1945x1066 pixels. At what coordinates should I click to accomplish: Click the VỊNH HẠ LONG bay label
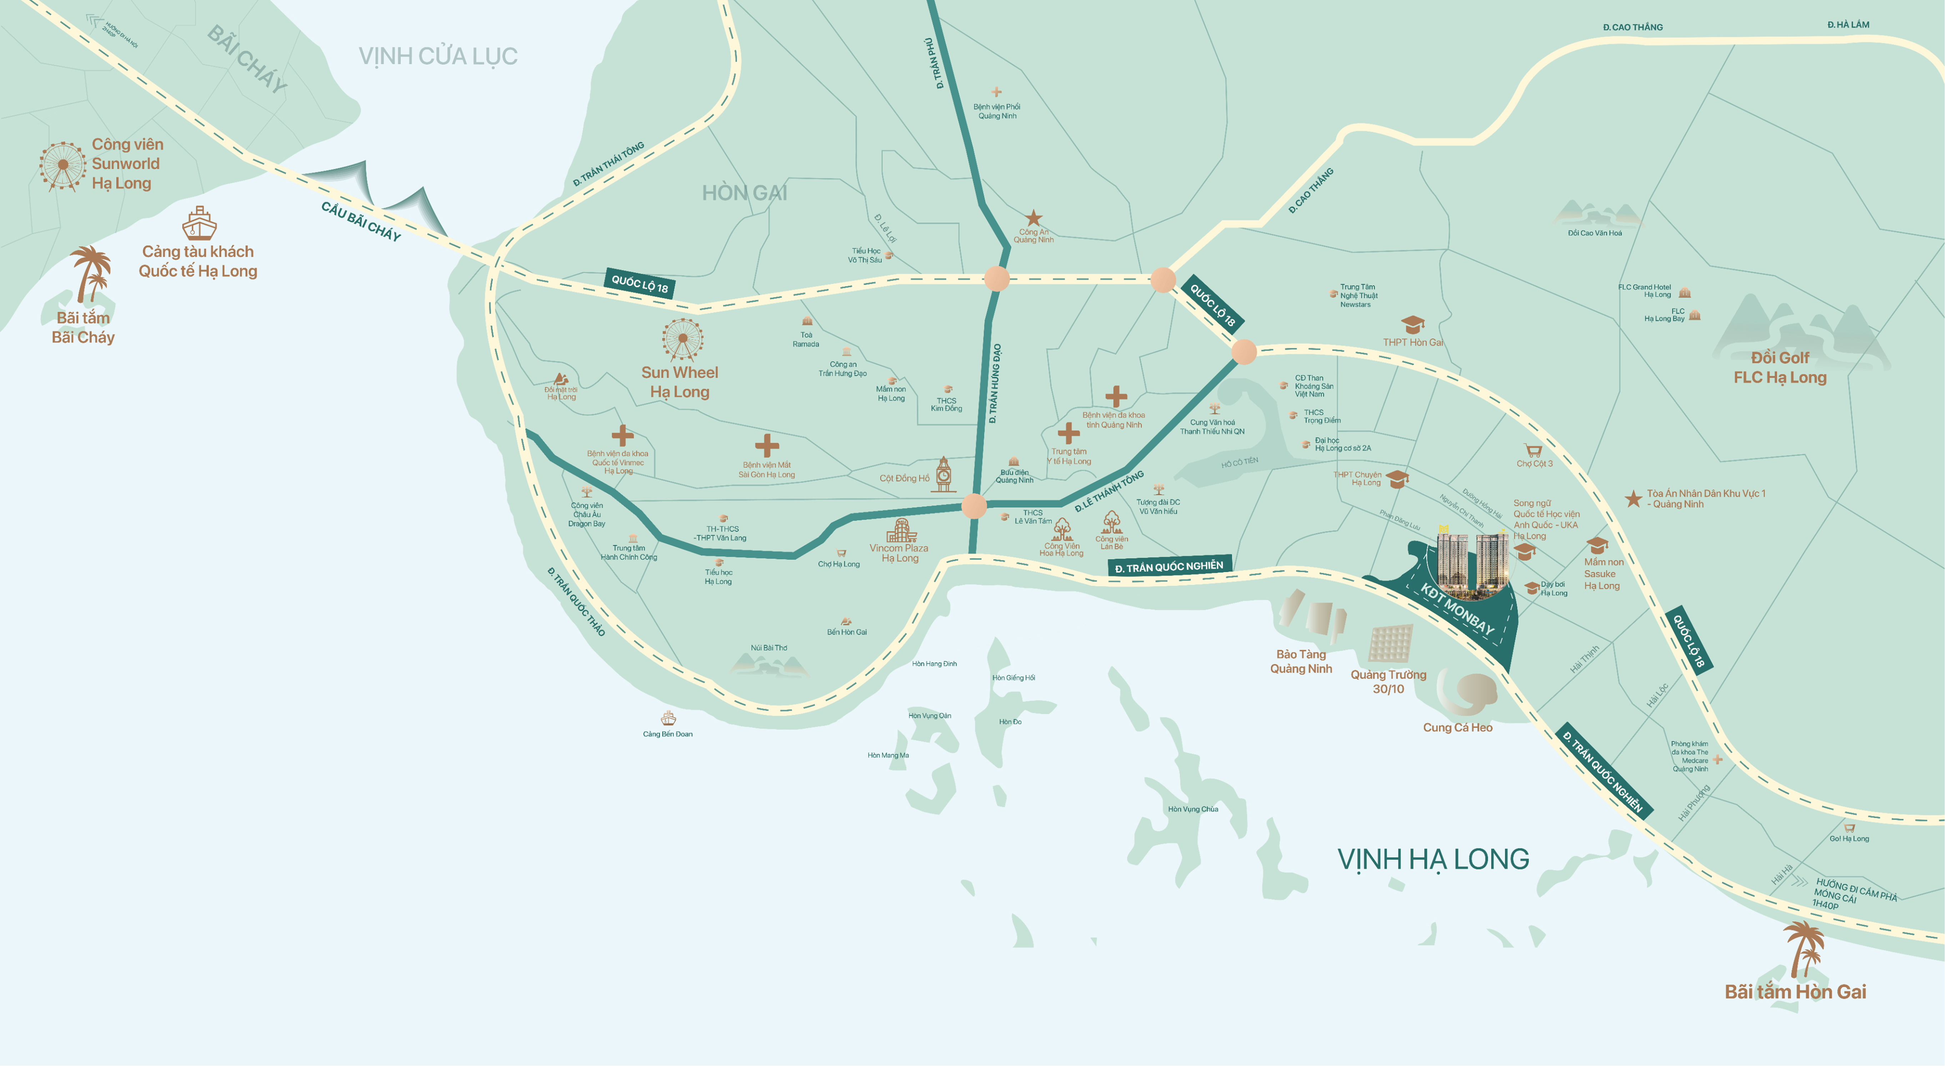(1432, 859)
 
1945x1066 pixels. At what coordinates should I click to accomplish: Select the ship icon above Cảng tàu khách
(199, 224)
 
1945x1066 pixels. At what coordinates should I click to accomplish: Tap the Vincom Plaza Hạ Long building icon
(901, 531)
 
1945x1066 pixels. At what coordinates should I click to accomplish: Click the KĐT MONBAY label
(1457, 609)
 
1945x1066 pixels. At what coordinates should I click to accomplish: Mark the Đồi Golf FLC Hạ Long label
(1780, 368)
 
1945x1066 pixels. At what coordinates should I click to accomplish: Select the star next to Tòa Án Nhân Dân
(1633, 498)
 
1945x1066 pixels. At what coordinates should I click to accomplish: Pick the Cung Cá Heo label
(1457, 728)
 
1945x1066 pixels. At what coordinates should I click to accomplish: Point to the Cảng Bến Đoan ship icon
(667, 718)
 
